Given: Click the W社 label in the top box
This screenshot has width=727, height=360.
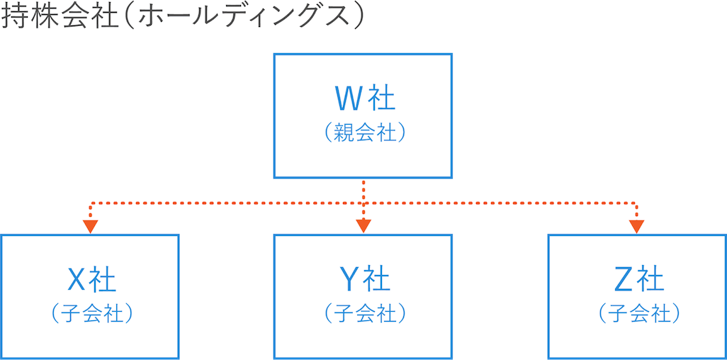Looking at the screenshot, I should (363, 98).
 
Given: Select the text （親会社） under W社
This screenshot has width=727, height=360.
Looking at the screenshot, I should (363, 133).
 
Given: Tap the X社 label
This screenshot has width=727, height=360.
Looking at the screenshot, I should (91, 280).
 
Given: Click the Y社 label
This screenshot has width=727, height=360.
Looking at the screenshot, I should (363, 280).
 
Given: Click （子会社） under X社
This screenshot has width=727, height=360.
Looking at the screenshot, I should (91, 313).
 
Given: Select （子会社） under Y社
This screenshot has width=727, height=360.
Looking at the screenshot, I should (363, 313).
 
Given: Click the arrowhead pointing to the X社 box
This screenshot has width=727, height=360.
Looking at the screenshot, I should (90, 227).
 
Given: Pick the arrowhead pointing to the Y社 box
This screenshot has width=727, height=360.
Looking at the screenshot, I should (363, 227).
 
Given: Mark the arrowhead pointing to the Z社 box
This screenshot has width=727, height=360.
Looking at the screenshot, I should (636, 227).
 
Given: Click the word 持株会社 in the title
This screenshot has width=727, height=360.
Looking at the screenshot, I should (58, 17).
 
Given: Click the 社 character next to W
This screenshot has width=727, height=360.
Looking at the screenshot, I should (381, 98).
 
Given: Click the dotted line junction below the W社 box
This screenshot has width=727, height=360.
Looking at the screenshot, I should (363, 203).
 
